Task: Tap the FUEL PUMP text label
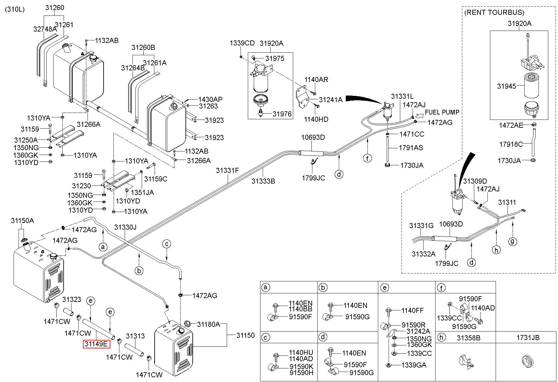click(442, 112)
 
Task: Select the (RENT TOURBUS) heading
click(494, 13)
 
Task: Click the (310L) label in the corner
click(14, 9)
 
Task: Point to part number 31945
click(507, 86)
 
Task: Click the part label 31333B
click(263, 181)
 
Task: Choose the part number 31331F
click(227, 171)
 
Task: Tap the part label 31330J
click(125, 227)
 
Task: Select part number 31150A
click(22, 220)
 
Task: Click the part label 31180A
click(208, 324)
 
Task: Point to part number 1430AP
click(210, 99)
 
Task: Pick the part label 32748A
click(45, 29)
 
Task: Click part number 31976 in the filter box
click(282, 114)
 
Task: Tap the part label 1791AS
click(411, 148)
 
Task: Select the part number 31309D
click(475, 181)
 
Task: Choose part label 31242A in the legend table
click(418, 331)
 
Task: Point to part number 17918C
click(511, 144)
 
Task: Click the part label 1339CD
click(242, 43)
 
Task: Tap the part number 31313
click(135, 336)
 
